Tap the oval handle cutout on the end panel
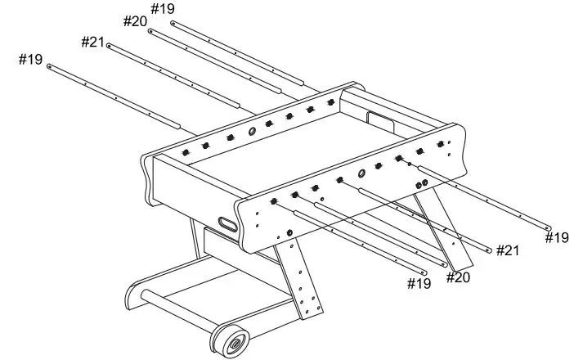tap(228, 223)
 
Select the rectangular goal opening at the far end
tap(380, 119)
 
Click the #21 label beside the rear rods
tap(92, 41)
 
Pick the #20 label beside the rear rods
tap(135, 20)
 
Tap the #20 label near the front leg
tap(458, 277)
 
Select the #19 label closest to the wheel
tap(419, 283)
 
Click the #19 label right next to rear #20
tap(163, 9)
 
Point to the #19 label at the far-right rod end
tap(557, 237)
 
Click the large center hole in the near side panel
tap(361, 173)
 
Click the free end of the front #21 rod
tap(489, 250)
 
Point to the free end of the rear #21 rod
tap(109, 45)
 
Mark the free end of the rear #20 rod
tap(150, 31)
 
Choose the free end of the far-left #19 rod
tap(50, 65)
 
